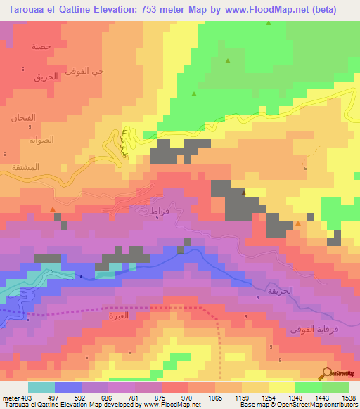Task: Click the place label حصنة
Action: click(x=41, y=46)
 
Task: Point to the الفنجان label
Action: click(x=23, y=118)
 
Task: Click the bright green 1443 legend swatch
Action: click(x=309, y=387)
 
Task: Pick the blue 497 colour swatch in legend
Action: click(x=68, y=387)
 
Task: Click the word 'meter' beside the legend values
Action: click(x=10, y=397)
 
